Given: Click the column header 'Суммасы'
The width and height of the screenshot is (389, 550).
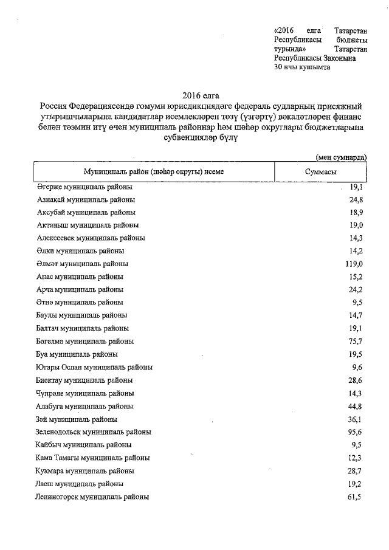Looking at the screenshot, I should click(x=320, y=172).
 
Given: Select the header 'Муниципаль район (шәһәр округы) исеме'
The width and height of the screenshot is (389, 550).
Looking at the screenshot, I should click(x=154, y=172).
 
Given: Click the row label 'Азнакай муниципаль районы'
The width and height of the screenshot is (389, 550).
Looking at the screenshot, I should click(x=86, y=199).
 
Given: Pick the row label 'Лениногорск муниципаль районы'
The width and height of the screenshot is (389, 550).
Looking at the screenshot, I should click(x=92, y=497).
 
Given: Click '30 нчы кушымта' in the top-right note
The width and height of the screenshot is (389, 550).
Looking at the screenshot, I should click(x=303, y=67).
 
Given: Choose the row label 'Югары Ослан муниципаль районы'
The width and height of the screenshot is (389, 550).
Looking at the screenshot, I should click(x=94, y=367).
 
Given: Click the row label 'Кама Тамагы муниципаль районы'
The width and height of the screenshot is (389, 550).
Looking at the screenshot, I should click(x=93, y=458).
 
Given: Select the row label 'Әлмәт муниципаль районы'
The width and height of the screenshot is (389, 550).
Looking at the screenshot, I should click(x=82, y=264).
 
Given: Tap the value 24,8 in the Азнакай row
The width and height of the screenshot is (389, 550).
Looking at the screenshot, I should click(x=356, y=199).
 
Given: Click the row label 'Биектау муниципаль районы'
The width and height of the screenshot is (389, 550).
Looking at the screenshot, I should click(x=84, y=380).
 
